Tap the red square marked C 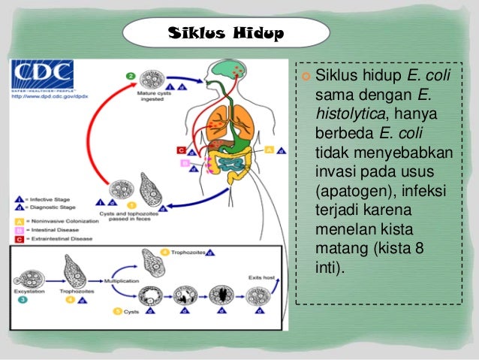(x=181, y=150)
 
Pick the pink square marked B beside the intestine (x=184, y=162)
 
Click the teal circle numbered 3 (x=22, y=299)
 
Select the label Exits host (x=262, y=277)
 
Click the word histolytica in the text (x=349, y=115)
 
